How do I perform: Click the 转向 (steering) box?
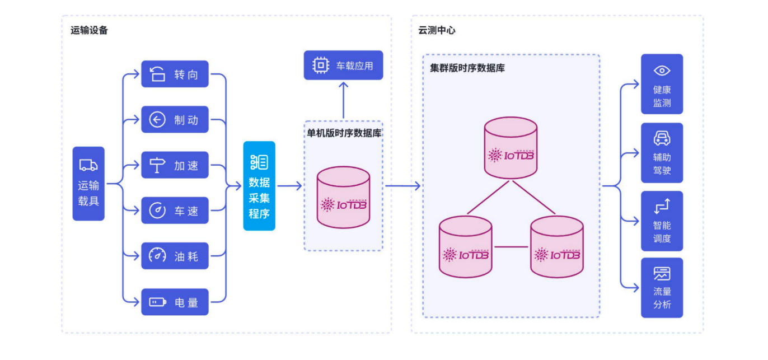175,74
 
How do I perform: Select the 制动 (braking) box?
175,119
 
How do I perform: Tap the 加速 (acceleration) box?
175,165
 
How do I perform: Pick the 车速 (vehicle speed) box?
175,211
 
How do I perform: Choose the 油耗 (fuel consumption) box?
175,256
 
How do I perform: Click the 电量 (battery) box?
175,302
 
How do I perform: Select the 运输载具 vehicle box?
88,184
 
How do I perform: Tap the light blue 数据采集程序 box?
259,186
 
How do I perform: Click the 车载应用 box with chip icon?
343,66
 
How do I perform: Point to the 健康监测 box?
662,84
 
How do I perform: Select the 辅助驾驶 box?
662,153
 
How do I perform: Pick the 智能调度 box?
662,221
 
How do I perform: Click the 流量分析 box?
662,288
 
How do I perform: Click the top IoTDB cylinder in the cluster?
511,148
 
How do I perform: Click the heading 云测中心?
437,30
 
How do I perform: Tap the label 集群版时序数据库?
467,68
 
